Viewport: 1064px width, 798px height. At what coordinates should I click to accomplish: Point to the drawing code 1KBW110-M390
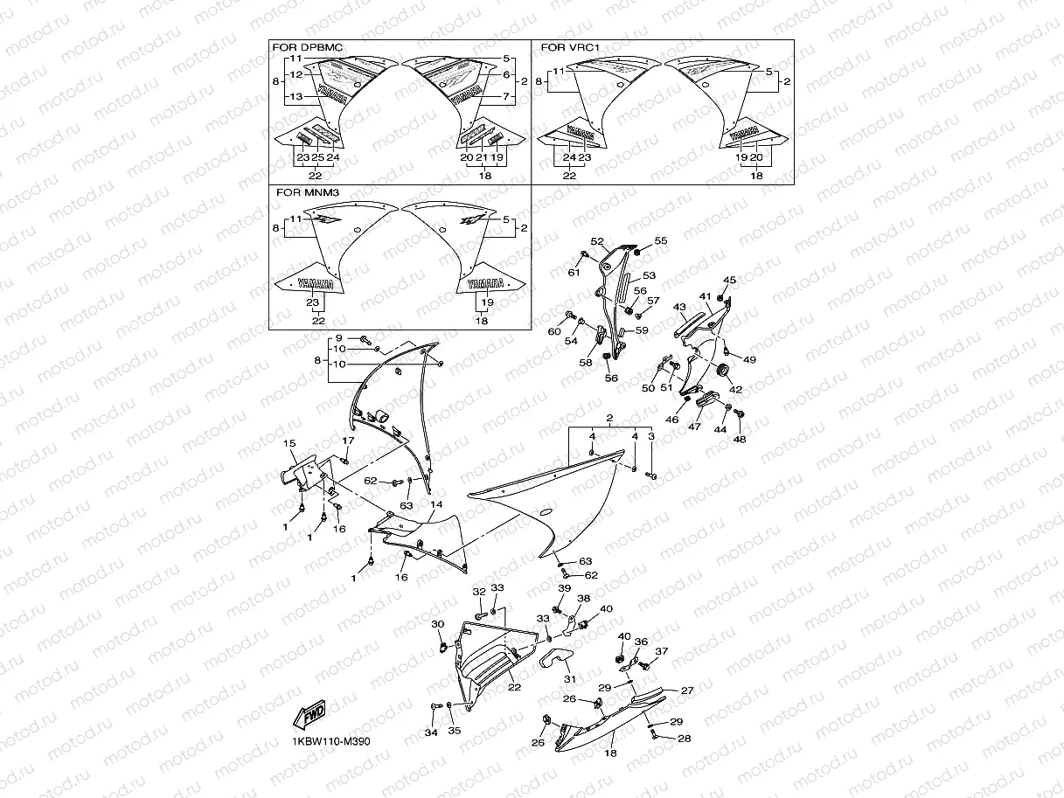click(331, 741)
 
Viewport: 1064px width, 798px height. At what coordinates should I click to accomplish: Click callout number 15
click(290, 444)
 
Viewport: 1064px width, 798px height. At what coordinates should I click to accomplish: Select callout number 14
click(436, 505)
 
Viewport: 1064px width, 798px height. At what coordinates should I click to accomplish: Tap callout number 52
click(597, 241)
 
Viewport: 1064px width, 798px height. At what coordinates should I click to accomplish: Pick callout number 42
click(735, 389)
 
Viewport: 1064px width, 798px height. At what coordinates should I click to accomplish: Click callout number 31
click(570, 680)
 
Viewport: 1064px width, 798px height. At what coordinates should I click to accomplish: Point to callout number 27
click(687, 690)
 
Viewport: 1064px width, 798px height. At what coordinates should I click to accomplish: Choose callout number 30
click(437, 623)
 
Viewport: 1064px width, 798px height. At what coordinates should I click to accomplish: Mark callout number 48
click(741, 439)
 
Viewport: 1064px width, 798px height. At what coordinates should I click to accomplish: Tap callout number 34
click(430, 732)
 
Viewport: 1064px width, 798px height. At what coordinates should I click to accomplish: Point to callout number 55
click(660, 239)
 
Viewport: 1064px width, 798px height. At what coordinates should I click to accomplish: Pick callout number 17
click(347, 441)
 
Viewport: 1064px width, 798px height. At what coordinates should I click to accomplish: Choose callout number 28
click(684, 739)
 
